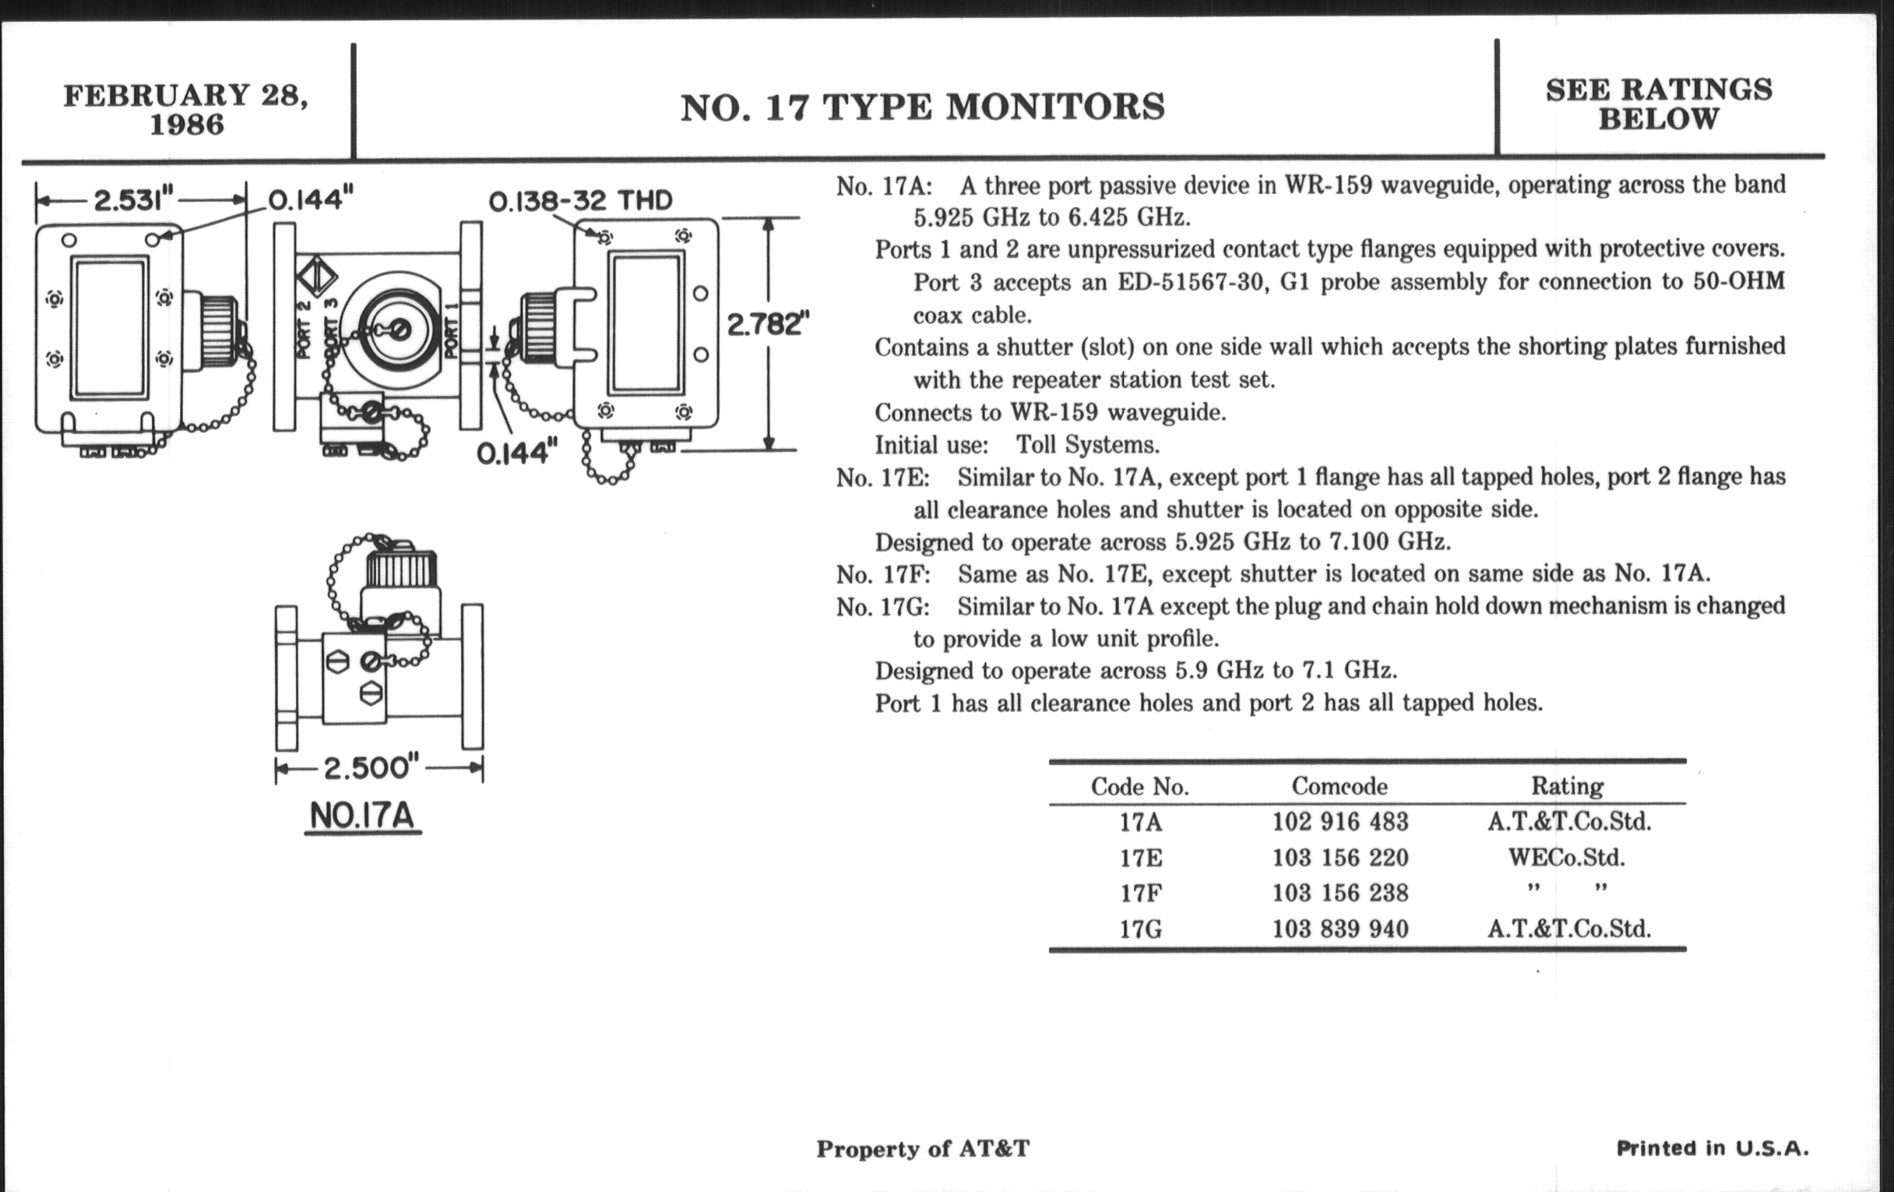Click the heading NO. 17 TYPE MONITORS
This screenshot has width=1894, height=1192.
922,108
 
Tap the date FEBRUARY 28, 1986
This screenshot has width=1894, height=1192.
186,109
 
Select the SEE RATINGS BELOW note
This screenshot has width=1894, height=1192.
1659,104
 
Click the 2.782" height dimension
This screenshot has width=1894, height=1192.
767,323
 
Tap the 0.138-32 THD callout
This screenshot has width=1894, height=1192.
580,202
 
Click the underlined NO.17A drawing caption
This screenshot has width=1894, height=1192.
362,815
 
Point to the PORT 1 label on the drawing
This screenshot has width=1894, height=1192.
452,330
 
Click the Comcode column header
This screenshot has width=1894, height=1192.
1340,786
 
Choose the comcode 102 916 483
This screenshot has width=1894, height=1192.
1340,822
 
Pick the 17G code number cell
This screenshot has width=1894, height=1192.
1140,929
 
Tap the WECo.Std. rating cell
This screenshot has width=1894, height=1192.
1566,858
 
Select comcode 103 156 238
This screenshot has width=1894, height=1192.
1340,893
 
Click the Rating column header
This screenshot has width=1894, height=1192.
1567,786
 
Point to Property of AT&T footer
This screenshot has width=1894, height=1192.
923,1148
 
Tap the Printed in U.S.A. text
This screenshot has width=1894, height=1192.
1713,1148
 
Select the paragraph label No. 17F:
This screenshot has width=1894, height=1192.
883,575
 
